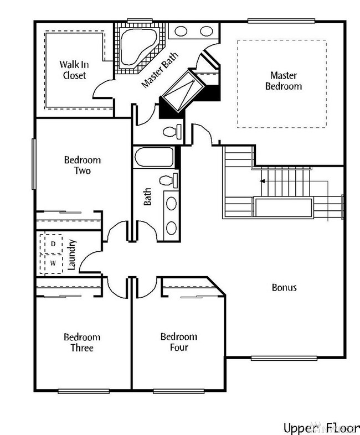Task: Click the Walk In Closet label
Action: (x=73, y=69)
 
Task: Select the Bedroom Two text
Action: (x=82, y=165)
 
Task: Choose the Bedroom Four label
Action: (x=178, y=341)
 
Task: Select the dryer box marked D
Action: (x=54, y=244)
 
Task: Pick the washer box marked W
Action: (x=54, y=262)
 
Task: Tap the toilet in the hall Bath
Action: (x=167, y=179)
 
